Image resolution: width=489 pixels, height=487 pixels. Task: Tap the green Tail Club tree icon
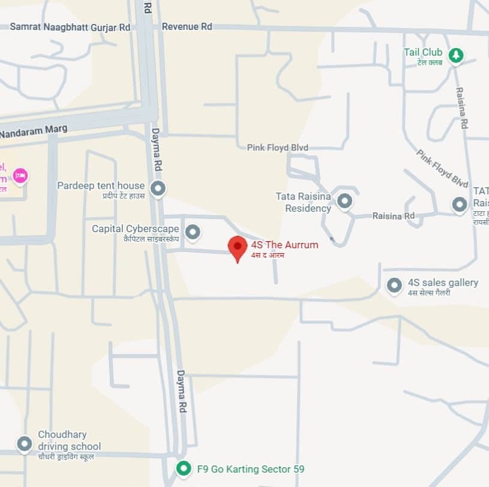pyautogui.click(x=456, y=55)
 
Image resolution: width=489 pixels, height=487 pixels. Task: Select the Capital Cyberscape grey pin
pyautogui.click(x=192, y=231)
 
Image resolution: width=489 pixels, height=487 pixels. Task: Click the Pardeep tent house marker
pyautogui.click(x=158, y=188)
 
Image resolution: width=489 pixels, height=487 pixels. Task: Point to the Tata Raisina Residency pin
pyautogui.click(x=344, y=200)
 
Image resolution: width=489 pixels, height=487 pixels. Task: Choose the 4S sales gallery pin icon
pyautogui.click(x=394, y=285)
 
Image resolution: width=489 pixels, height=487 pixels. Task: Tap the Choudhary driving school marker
pyautogui.click(x=25, y=444)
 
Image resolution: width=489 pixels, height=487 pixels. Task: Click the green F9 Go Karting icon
pyautogui.click(x=184, y=468)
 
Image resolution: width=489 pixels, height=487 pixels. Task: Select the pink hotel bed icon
pyautogui.click(x=20, y=176)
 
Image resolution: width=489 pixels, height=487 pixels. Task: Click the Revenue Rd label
pyautogui.click(x=187, y=26)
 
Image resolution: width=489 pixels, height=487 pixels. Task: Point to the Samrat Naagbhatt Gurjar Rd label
pyautogui.click(x=70, y=26)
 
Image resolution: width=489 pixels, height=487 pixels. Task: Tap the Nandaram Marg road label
pyautogui.click(x=34, y=131)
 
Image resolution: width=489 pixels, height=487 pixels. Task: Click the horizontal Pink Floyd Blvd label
pyautogui.click(x=277, y=148)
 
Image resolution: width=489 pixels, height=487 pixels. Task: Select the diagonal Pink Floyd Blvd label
pyautogui.click(x=442, y=168)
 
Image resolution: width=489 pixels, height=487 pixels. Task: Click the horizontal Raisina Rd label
pyautogui.click(x=393, y=216)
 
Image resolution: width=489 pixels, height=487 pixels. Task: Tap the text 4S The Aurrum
pyautogui.click(x=284, y=245)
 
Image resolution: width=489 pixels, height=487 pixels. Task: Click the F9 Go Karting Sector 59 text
pyautogui.click(x=251, y=468)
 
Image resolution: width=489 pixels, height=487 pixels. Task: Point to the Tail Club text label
pyautogui.click(x=423, y=53)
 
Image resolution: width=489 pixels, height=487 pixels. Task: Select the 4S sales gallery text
pyautogui.click(x=443, y=282)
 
